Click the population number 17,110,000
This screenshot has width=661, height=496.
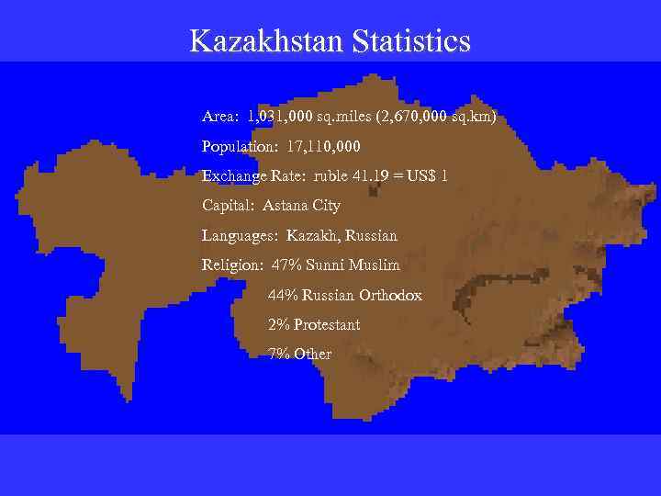(324, 146)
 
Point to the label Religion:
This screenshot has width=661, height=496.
(232, 265)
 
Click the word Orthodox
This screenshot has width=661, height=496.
(390, 296)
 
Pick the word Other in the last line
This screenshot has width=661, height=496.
(313, 355)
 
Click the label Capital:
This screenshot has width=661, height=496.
(228, 206)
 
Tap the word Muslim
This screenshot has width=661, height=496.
(377, 265)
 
